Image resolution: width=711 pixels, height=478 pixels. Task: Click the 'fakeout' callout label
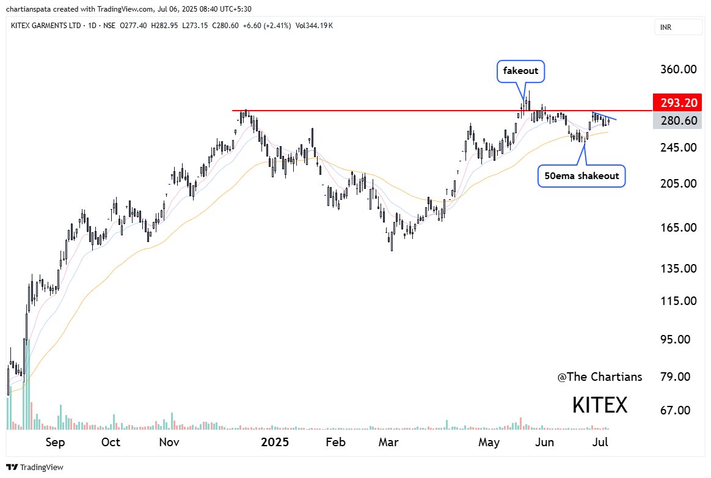(x=520, y=71)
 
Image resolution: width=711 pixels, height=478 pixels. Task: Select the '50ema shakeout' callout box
(x=582, y=175)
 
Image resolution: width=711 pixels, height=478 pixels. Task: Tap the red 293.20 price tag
(x=677, y=102)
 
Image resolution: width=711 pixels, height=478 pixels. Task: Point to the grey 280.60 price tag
(x=677, y=120)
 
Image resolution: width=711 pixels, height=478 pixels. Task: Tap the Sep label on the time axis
(x=55, y=442)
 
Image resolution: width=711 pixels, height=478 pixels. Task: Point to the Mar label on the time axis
(x=388, y=442)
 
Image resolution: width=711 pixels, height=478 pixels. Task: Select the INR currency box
(x=677, y=27)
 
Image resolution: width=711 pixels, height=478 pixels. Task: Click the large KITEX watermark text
(x=599, y=405)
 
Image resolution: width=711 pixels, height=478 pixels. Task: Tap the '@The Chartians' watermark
(x=600, y=377)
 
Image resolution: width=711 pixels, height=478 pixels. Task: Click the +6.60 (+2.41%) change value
(x=278, y=25)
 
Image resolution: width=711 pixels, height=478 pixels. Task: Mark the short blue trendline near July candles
(x=605, y=116)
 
